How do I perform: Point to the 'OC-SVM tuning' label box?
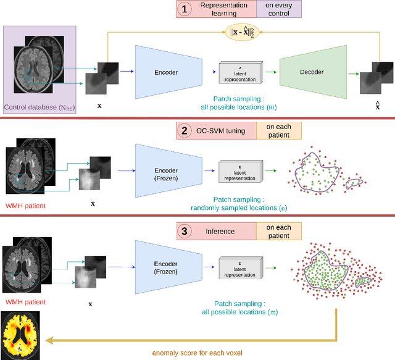(x=225, y=131)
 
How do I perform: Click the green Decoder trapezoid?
(x=311, y=72)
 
